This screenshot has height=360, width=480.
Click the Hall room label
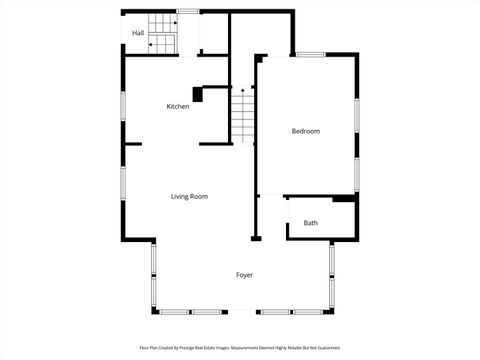pyautogui.click(x=137, y=33)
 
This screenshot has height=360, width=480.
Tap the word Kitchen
pyautogui.click(x=178, y=106)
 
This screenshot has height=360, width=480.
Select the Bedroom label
pyautogui.click(x=305, y=131)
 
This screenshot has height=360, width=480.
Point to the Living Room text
pyautogui.click(x=189, y=196)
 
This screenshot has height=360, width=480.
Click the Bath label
pyautogui.click(x=311, y=223)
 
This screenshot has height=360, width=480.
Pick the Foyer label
pyautogui.click(x=244, y=274)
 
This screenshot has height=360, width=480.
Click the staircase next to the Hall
pyautogui.click(x=162, y=33)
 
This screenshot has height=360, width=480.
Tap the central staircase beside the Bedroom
pyautogui.click(x=244, y=115)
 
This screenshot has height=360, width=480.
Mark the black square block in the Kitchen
pyautogui.click(x=198, y=95)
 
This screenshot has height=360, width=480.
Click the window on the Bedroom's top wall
pyautogui.click(x=310, y=54)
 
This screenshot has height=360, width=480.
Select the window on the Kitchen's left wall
pyautogui.click(x=123, y=106)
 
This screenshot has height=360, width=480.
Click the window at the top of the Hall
pyautogui.click(x=186, y=11)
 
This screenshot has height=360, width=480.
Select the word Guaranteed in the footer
pyautogui.click(x=326, y=348)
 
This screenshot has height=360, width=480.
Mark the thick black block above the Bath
pyautogui.click(x=344, y=199)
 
